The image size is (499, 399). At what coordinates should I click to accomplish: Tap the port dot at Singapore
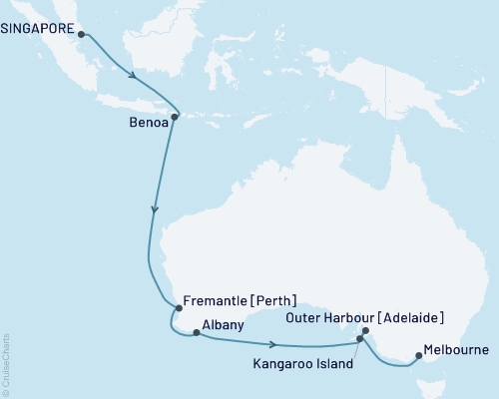tap(81, 34)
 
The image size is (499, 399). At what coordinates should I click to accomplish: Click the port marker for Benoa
tap(175, 118)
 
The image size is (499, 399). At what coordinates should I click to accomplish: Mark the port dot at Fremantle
tap(175, 309)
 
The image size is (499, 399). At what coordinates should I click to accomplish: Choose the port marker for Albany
tap(196, 333)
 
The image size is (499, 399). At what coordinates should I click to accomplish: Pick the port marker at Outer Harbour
tap(366, 331)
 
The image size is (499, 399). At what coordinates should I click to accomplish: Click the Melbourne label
tap(455, 350)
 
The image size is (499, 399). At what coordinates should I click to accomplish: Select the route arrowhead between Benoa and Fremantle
tap(153, 210)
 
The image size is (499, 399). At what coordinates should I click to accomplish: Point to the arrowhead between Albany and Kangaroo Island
tap(271, 343)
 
